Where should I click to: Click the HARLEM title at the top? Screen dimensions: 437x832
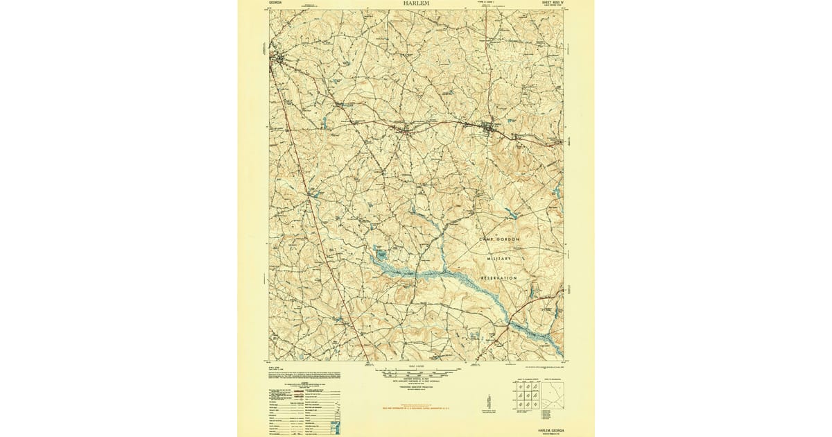click(x=416, y=3)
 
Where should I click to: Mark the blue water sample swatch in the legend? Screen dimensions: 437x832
click(x=336, y=424)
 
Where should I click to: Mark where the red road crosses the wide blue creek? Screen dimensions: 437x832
click(x=510, y=321)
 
